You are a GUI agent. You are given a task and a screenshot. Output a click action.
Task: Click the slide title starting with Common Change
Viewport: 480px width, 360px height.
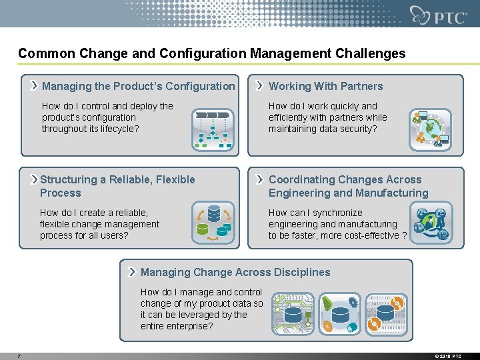pos(211,53)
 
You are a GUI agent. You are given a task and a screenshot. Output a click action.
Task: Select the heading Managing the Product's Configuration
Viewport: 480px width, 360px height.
pos(138,86)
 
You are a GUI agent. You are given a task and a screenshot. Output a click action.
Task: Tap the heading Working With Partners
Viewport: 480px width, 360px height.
pos(325,86)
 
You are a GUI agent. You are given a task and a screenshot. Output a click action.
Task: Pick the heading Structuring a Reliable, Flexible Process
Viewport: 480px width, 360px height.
pos(117,186)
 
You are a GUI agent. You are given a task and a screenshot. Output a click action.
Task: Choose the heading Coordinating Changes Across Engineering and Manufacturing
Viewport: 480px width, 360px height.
pos(348,186)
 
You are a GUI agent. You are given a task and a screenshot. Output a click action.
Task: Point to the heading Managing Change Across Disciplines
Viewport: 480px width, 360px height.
pos(235,272)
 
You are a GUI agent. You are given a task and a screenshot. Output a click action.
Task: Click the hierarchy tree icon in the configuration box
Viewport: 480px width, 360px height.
pos(213,128)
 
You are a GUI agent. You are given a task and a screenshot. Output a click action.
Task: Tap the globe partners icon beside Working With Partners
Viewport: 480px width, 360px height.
pos(429,128)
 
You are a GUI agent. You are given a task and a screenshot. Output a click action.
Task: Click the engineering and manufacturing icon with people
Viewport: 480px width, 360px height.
pos(431,225)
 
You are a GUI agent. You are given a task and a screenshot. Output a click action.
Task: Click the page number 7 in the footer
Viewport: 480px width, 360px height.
pos(19,356)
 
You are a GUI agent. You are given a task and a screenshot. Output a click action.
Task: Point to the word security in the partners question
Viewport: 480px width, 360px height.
pos(358,129)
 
